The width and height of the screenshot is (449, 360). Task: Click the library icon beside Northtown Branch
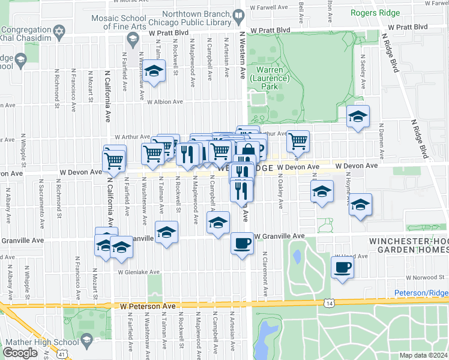pos(238,16)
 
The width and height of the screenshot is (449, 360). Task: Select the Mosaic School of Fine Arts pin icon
pos(132,38)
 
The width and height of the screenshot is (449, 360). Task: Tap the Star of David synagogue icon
pos(58,30)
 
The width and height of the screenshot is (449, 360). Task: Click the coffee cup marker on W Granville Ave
pos(242,244)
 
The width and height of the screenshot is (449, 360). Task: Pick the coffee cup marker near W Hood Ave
pos(342,266)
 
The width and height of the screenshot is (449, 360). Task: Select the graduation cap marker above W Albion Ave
pos(154,70)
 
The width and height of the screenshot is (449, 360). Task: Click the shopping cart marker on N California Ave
pos(113,160)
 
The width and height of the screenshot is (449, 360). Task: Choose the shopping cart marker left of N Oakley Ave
pos(298,142)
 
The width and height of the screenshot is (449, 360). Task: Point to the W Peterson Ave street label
pos(147,306)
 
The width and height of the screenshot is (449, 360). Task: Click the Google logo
pos(20,352)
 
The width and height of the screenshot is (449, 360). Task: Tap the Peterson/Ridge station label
pos(421,293)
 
